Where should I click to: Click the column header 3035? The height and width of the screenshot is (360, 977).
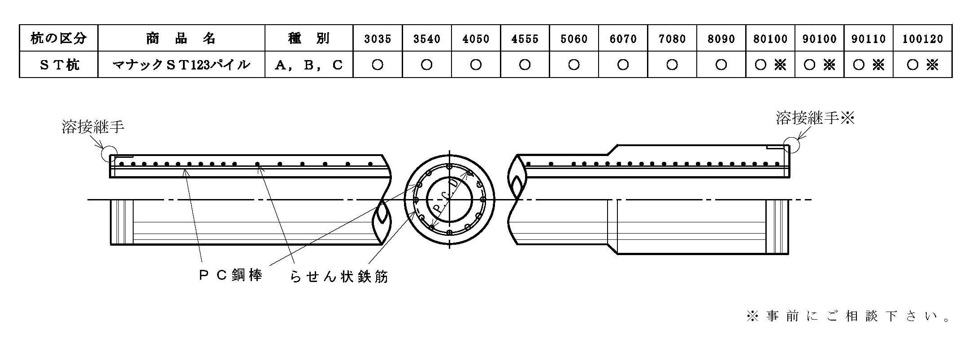coord(378,39)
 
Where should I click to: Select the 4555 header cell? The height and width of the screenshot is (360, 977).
coord(525,39)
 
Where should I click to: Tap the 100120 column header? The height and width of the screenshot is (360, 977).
coord(923,39)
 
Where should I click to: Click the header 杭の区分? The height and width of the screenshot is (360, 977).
coord(58,38)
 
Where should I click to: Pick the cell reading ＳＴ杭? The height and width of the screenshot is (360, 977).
coord(59,65)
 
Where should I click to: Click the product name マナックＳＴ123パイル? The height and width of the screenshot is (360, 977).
coord(181,65)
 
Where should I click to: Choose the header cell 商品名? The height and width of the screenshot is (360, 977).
coord(181,38)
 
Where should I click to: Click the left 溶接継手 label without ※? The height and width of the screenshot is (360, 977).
coord(93,127)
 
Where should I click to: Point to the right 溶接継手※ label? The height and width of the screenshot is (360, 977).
coord(816,118)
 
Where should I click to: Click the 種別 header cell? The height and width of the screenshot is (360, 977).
coord(309,38)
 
